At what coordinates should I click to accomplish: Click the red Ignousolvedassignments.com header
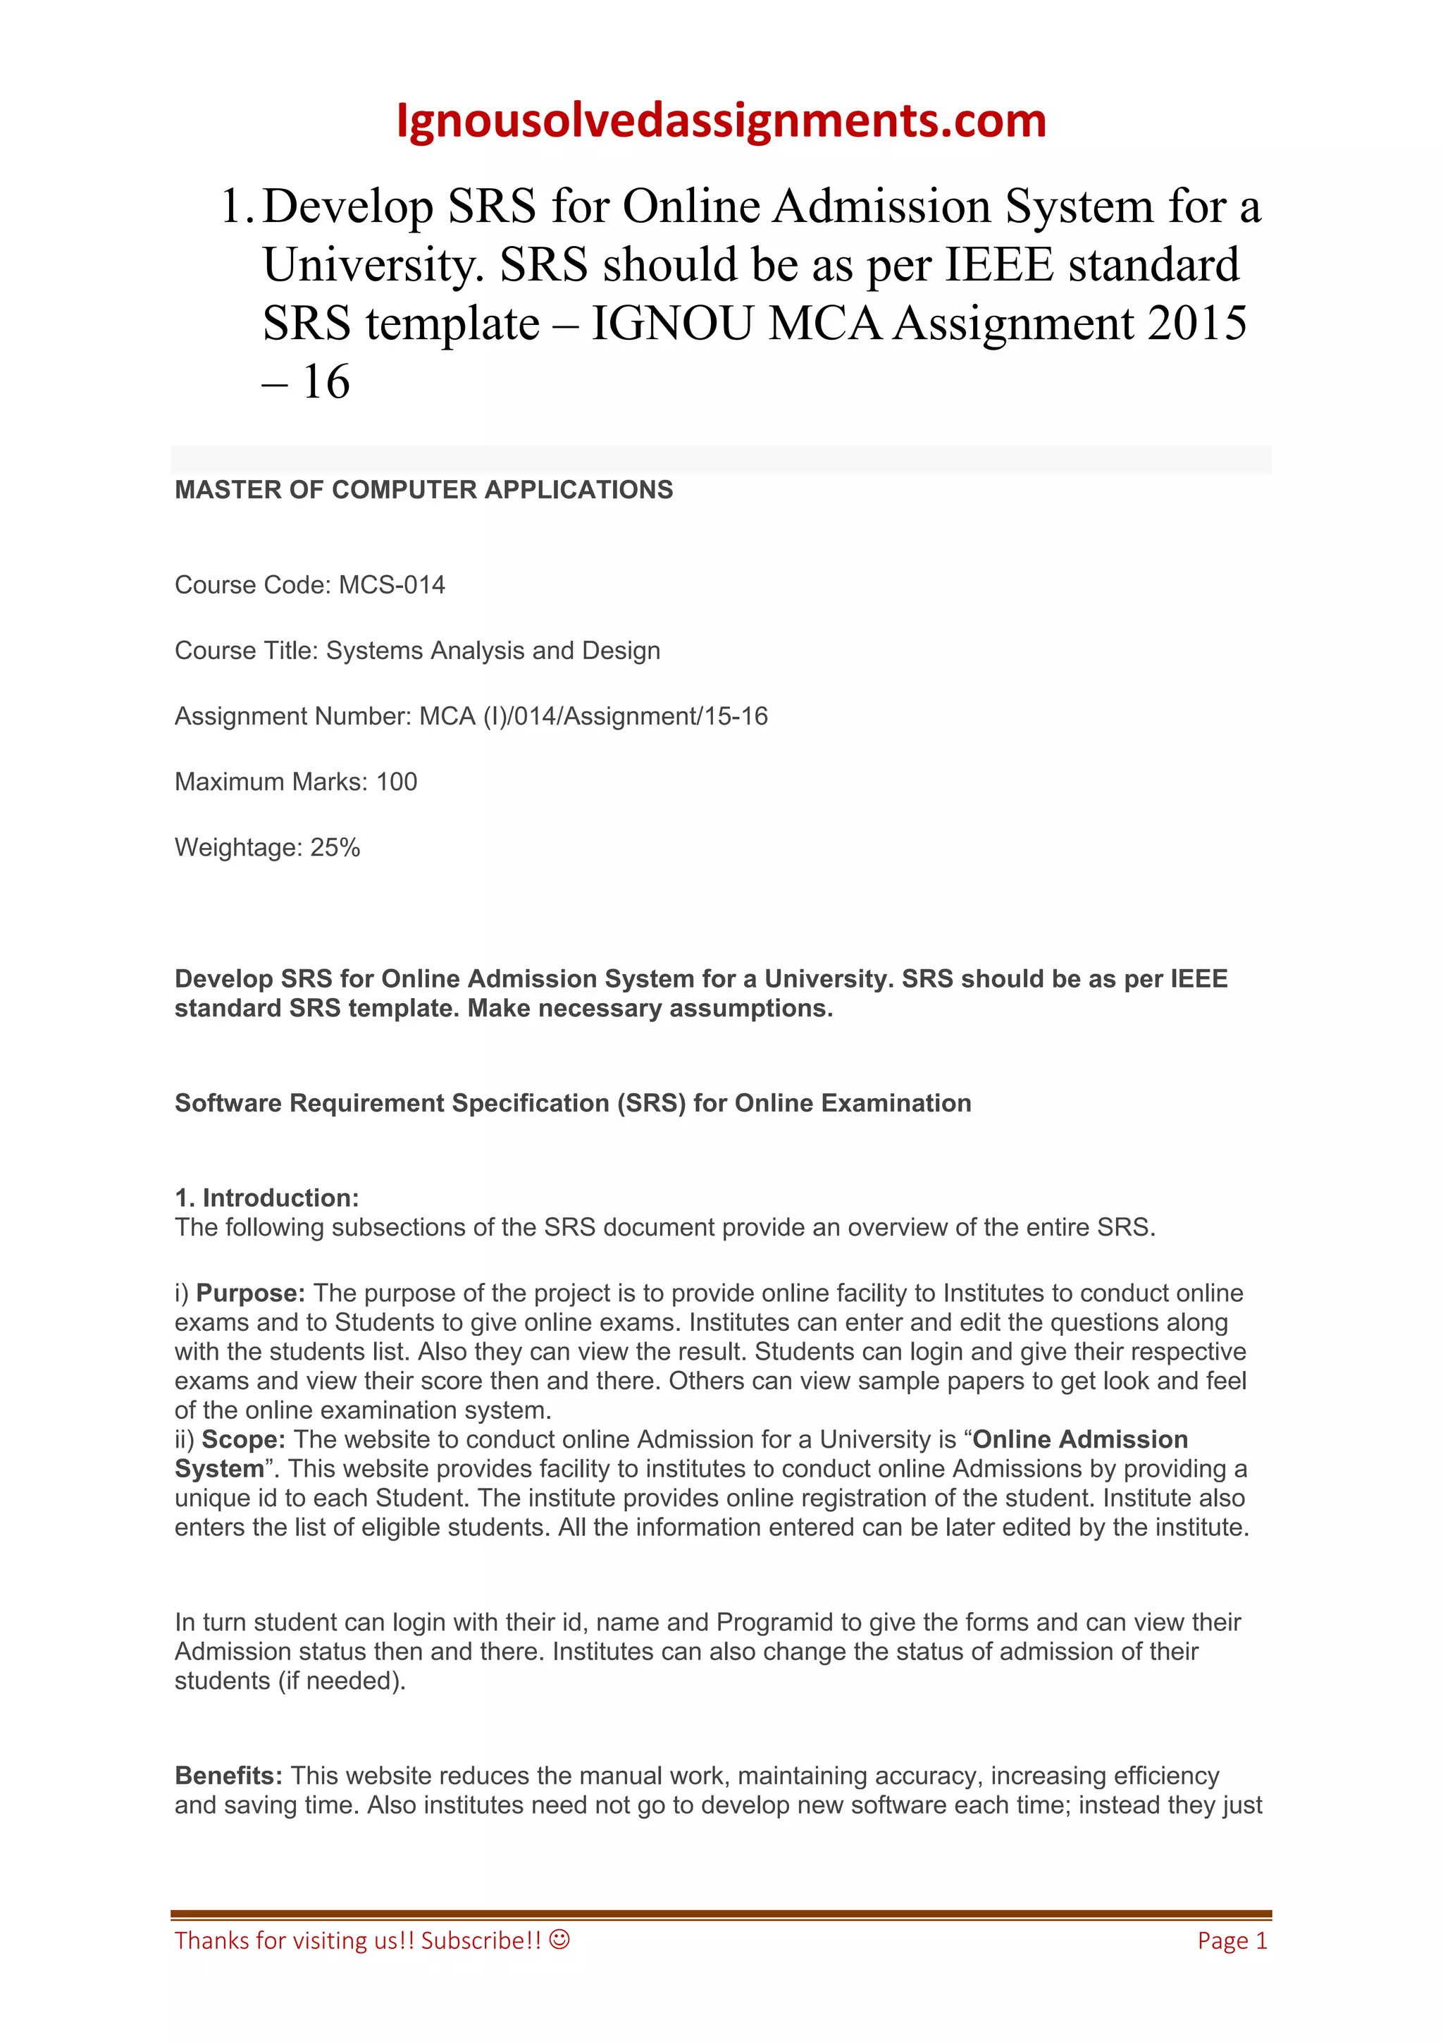(720, 121)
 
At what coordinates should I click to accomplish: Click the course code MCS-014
(391, 585)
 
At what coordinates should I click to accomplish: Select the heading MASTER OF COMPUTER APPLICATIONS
(423, 490)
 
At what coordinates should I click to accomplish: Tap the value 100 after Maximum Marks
(397, 782)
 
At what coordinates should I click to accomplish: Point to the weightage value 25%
(335, 847)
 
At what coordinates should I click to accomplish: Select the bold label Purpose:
(251, 1293)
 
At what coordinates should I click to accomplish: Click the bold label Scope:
(244, 1439)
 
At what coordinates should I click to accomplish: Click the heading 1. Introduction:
(267, 1198)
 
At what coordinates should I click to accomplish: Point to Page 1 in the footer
(1232, 1940)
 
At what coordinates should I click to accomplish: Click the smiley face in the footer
(559, 1939)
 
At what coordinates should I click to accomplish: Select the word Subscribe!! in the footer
(481, 1940)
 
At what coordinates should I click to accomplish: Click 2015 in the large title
(1196, 323)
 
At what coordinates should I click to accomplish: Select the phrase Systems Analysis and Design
(493, 651)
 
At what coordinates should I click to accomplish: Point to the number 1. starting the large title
(237, 207)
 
